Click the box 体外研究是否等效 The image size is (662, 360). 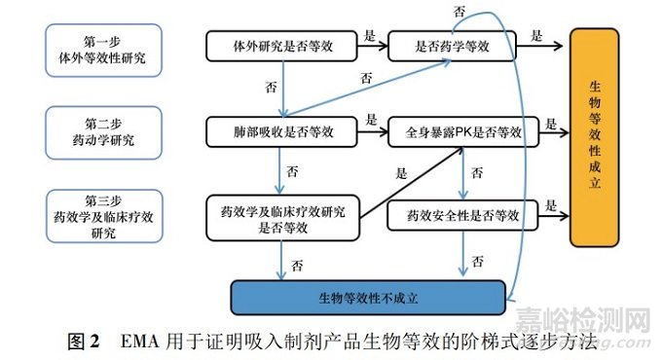[x=279, y=45]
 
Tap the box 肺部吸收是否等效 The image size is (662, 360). [x=279, y=129]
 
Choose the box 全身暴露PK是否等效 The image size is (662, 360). [x=462, y=129]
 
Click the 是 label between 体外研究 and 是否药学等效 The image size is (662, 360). [x=371, y=34]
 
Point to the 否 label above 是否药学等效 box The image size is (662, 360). [x=458, y=11]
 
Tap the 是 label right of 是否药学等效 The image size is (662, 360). [x=536, y=34]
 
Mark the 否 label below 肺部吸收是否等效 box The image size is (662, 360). [x=292, y=170]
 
